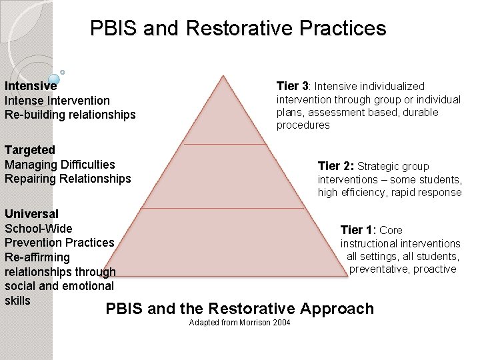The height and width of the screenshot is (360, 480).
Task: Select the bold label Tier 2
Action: (x=336, y=166)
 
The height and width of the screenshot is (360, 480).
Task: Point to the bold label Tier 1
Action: (x=359, y=230)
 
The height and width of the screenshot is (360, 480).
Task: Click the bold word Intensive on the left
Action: (x=30, y=86)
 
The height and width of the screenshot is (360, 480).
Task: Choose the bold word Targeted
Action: (x=29, y=150)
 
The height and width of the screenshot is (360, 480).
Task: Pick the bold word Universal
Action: (x=31, y=214)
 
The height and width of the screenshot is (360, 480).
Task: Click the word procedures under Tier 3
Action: (x=303, y=125)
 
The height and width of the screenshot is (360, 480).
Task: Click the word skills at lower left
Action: (x=17, y=301)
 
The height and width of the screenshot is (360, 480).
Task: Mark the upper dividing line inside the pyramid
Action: (x=225, y=143)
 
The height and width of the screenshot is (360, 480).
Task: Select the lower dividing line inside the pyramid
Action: (x=225, y=208)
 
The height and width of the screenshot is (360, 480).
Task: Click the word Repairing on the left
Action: (x=31, y=179)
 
